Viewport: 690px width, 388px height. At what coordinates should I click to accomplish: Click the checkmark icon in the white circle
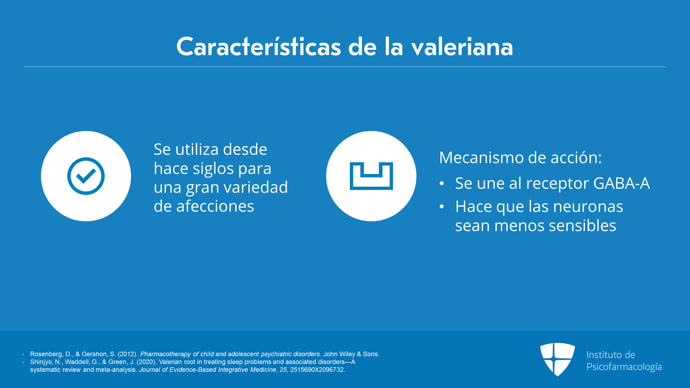(x=86, y=176)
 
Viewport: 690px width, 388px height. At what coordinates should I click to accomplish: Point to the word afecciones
(x=215, y=206)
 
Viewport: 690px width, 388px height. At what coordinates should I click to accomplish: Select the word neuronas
(x=588, y=207)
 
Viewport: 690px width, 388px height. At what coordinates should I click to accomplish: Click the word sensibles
(x=582, y=226)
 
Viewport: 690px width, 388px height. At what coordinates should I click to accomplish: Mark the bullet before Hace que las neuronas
(x=441, y=207)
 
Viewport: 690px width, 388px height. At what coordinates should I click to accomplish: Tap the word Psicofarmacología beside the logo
(x=624, y=367)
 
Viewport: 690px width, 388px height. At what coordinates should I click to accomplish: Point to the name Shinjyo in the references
(x=41, y=362)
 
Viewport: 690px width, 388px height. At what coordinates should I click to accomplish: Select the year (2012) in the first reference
(x=128, y=354)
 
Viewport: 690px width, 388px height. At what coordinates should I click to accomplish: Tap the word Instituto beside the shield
(x=603, y=355)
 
